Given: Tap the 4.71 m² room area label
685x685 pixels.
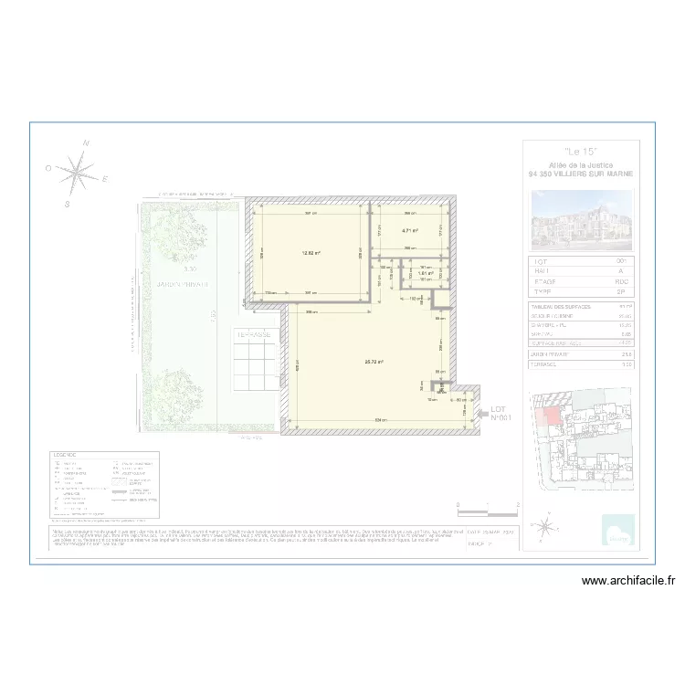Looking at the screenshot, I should tap(409, 231).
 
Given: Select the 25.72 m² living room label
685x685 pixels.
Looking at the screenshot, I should tap(373, 362).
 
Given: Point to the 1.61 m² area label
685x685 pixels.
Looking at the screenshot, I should tap(425, 273).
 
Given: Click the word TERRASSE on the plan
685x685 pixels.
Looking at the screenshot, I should tap(254, 335).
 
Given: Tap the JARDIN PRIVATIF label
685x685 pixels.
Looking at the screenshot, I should tap(183, 285).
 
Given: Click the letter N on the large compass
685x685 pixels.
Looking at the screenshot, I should tap(86, 143).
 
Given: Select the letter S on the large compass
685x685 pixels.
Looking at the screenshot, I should tap(67, 205).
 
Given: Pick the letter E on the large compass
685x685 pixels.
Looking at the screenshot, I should tap(105, 179).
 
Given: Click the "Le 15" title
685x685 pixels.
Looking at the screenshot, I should tap(581, 152).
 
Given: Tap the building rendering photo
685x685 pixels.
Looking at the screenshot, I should tap(581, 218).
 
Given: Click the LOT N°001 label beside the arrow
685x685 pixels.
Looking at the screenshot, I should tap(499, 413).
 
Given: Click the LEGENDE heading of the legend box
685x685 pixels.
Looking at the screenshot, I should tap(66, 455).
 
